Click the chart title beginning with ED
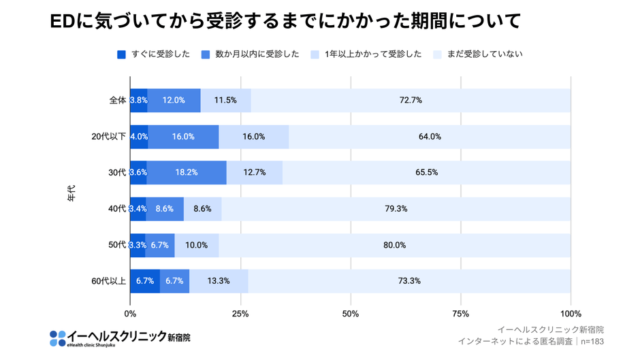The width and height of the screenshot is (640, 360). (x=285, y=21)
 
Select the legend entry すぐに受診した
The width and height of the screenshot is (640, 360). (x=153, y=54)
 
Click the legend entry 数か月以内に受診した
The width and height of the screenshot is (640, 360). (x=250, y=54)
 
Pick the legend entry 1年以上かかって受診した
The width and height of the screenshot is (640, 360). (x=366, y=54)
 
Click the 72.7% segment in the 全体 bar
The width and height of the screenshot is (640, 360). (x=411, y=100)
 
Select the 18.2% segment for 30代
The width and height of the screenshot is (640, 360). (x=187, y=172)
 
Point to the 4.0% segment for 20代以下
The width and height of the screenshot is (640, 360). (x=139, y=136)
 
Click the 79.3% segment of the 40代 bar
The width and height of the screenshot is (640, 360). (x=396, y=208)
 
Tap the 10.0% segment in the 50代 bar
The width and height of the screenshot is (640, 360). (x=196, y=245)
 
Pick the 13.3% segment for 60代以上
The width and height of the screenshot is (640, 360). (x=219, y=281)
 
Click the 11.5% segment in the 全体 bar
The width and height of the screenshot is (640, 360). (x=225, y=100)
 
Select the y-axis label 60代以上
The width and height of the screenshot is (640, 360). (x=109, y=281)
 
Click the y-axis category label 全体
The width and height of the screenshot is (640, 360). (x=118, y=100)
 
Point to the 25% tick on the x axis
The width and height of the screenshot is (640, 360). (x=240, y=314)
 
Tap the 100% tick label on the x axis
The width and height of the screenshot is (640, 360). (x=571, y=314)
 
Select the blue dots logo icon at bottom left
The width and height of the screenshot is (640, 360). (x=57, y=338)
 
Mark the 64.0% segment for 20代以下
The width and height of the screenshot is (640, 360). (x=430, y=136)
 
